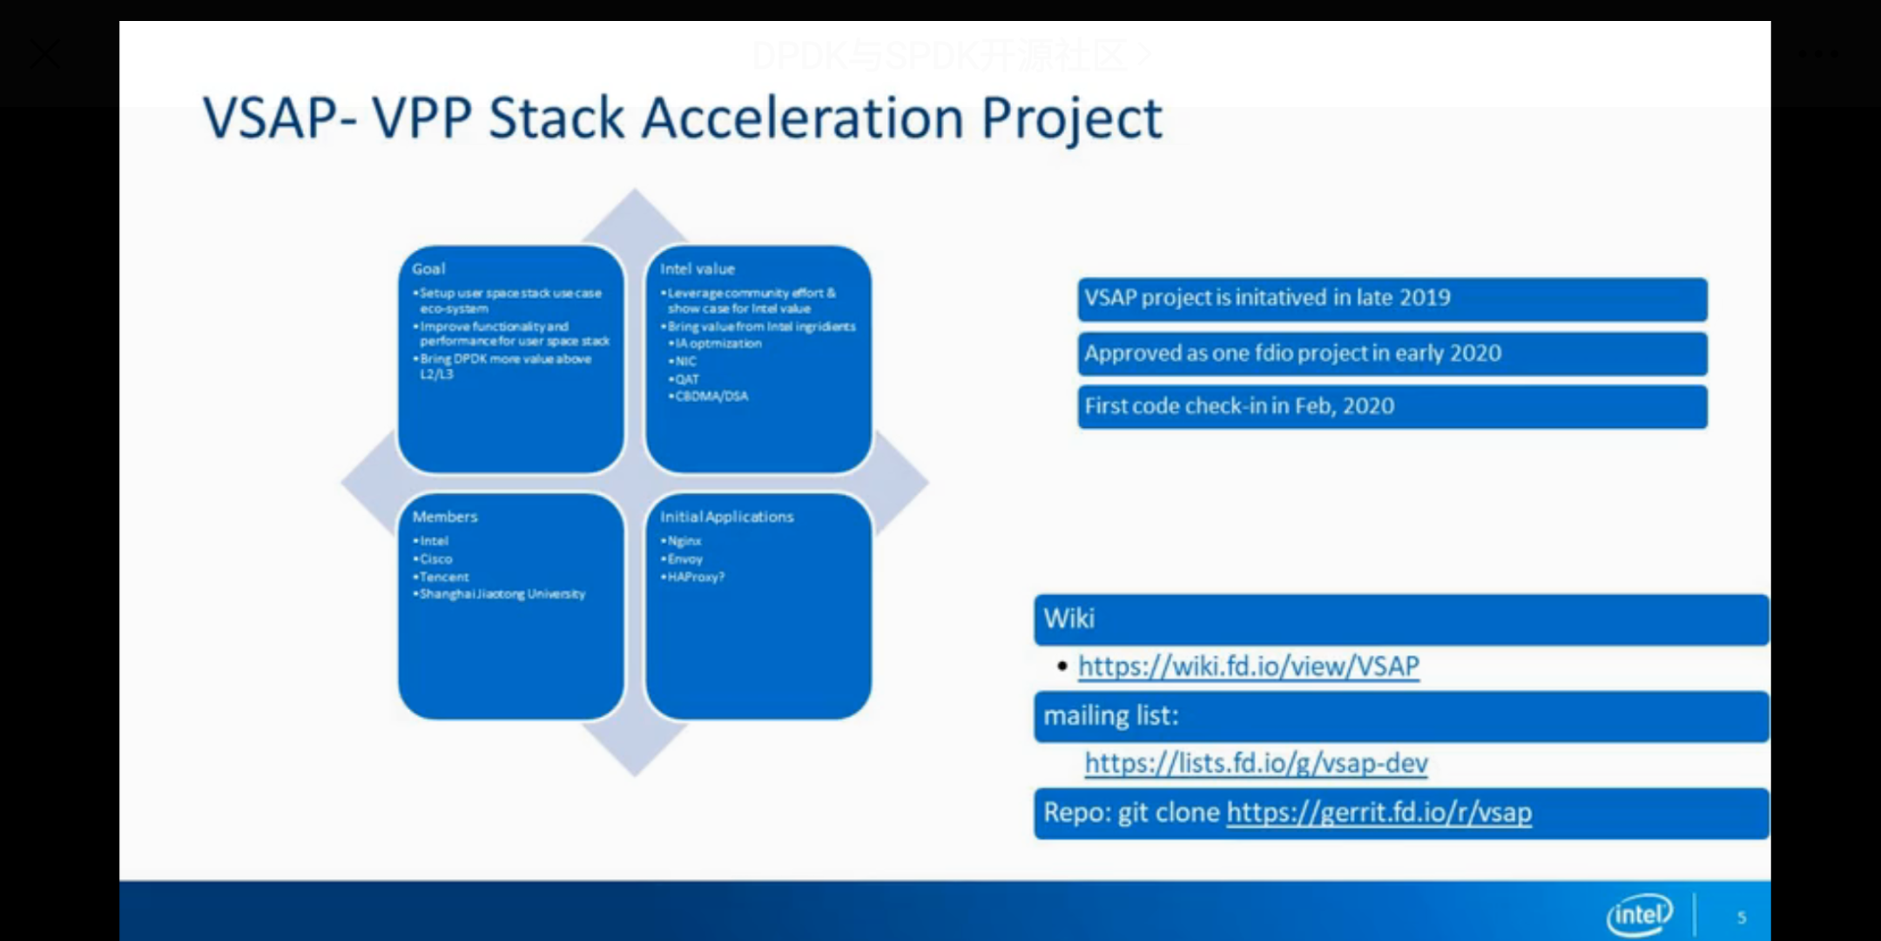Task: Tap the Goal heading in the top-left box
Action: tap(428, 268)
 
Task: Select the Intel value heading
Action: tap(697, 268)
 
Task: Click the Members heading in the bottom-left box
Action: tap(444, 516)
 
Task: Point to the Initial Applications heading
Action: tap(726, 516)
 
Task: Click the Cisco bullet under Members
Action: tap(435, 559)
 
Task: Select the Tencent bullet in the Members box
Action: tap(443, 576)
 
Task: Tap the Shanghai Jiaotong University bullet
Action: tap(502, 593)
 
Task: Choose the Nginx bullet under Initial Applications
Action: tap(684, 540)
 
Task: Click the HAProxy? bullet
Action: tap(695, 576)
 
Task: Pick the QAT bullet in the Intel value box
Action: tap(686, 378)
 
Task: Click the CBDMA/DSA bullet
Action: tap(711, 396)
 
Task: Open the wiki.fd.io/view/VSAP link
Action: tap(1248, 666)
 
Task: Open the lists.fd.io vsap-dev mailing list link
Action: tap(1256, 762)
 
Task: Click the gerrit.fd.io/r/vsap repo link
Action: tap(1379, 812)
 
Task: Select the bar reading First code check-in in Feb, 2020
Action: tap(1392, 406)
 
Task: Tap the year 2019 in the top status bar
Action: tap(1424, 297)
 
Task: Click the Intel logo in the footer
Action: tap(1639, 915)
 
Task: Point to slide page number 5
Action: tap(1741, 917)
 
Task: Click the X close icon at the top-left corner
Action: tap(44, 54)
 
